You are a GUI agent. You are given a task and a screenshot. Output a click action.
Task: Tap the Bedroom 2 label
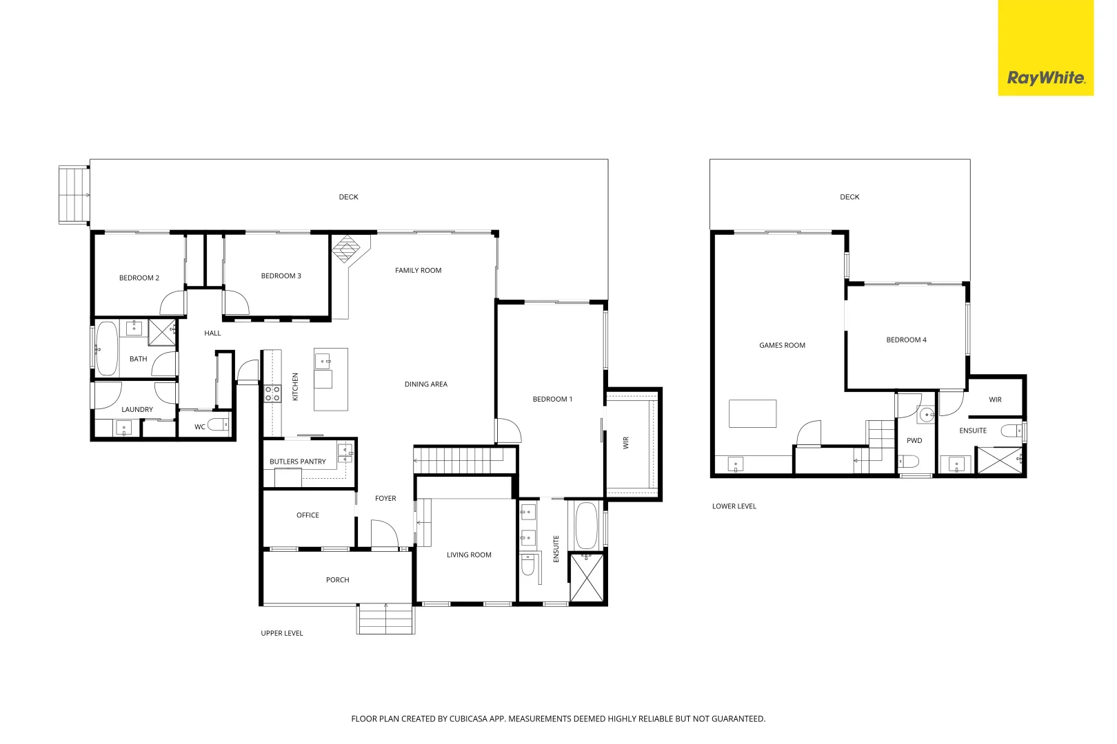(x=139, y=278)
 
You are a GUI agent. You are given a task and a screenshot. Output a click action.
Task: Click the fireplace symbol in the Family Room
(x=347, y=248)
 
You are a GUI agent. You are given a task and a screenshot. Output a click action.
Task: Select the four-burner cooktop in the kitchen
(x=272, y=393)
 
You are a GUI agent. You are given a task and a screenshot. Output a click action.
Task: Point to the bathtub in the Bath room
(x=106, y=348)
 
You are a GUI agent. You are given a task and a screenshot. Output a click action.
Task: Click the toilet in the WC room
(x=220, y=424)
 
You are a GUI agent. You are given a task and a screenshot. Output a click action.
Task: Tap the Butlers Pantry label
(x=297, y=462)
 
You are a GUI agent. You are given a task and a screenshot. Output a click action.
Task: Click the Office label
(x=308, y=515)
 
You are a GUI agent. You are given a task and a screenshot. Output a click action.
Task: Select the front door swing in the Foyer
(x=384, y=534)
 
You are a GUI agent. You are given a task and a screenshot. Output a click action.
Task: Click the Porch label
(x=337, y=580)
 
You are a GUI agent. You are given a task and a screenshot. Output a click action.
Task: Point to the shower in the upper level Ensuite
(x=587, y=578)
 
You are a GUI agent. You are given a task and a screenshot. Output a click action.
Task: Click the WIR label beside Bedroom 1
(x=626, y=443)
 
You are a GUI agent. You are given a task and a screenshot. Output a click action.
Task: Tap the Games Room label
(x=782, y=345)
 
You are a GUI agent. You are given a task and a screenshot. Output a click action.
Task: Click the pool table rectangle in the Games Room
(x=752, y=413)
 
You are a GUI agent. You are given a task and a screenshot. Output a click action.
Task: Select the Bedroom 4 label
(x=906, y=340)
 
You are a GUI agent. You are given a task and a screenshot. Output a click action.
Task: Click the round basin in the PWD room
(x=926, y=415)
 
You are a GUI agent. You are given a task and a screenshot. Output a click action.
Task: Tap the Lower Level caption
(x=734, y=506)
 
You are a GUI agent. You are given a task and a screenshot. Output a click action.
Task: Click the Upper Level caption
(x=281, y=633)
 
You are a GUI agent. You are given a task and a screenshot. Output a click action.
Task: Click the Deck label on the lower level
(x=849, y=197)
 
